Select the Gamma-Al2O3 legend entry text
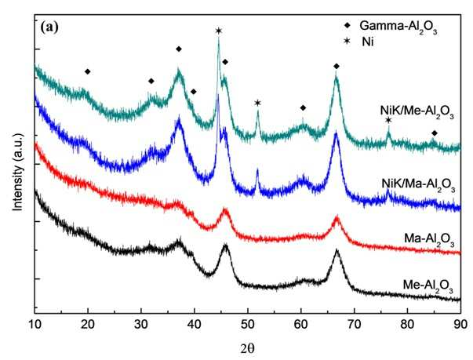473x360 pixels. tap(398, 27)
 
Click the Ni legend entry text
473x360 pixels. tap(368, 42)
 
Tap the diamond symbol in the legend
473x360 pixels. tap(347, 25)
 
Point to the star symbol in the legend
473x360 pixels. tap(347, 41)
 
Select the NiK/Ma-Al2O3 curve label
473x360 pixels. tap(418, 185)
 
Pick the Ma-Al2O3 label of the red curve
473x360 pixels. tap(429, 240)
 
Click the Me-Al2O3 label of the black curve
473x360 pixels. tap(428, 285)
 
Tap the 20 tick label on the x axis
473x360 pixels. tap(88, 325)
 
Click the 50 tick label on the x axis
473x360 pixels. tap(248, 325)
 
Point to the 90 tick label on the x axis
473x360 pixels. tap(460, 325)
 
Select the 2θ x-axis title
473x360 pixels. tap(247, 348)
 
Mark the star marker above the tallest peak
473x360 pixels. tap(219, 31)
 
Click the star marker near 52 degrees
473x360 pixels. tap(257, 103)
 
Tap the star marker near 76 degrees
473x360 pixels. tap(388, 120)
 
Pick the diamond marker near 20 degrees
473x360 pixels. tap(88, 71)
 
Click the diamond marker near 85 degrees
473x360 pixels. tap(435, 133)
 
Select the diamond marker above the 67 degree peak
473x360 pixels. tap(337, 67)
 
